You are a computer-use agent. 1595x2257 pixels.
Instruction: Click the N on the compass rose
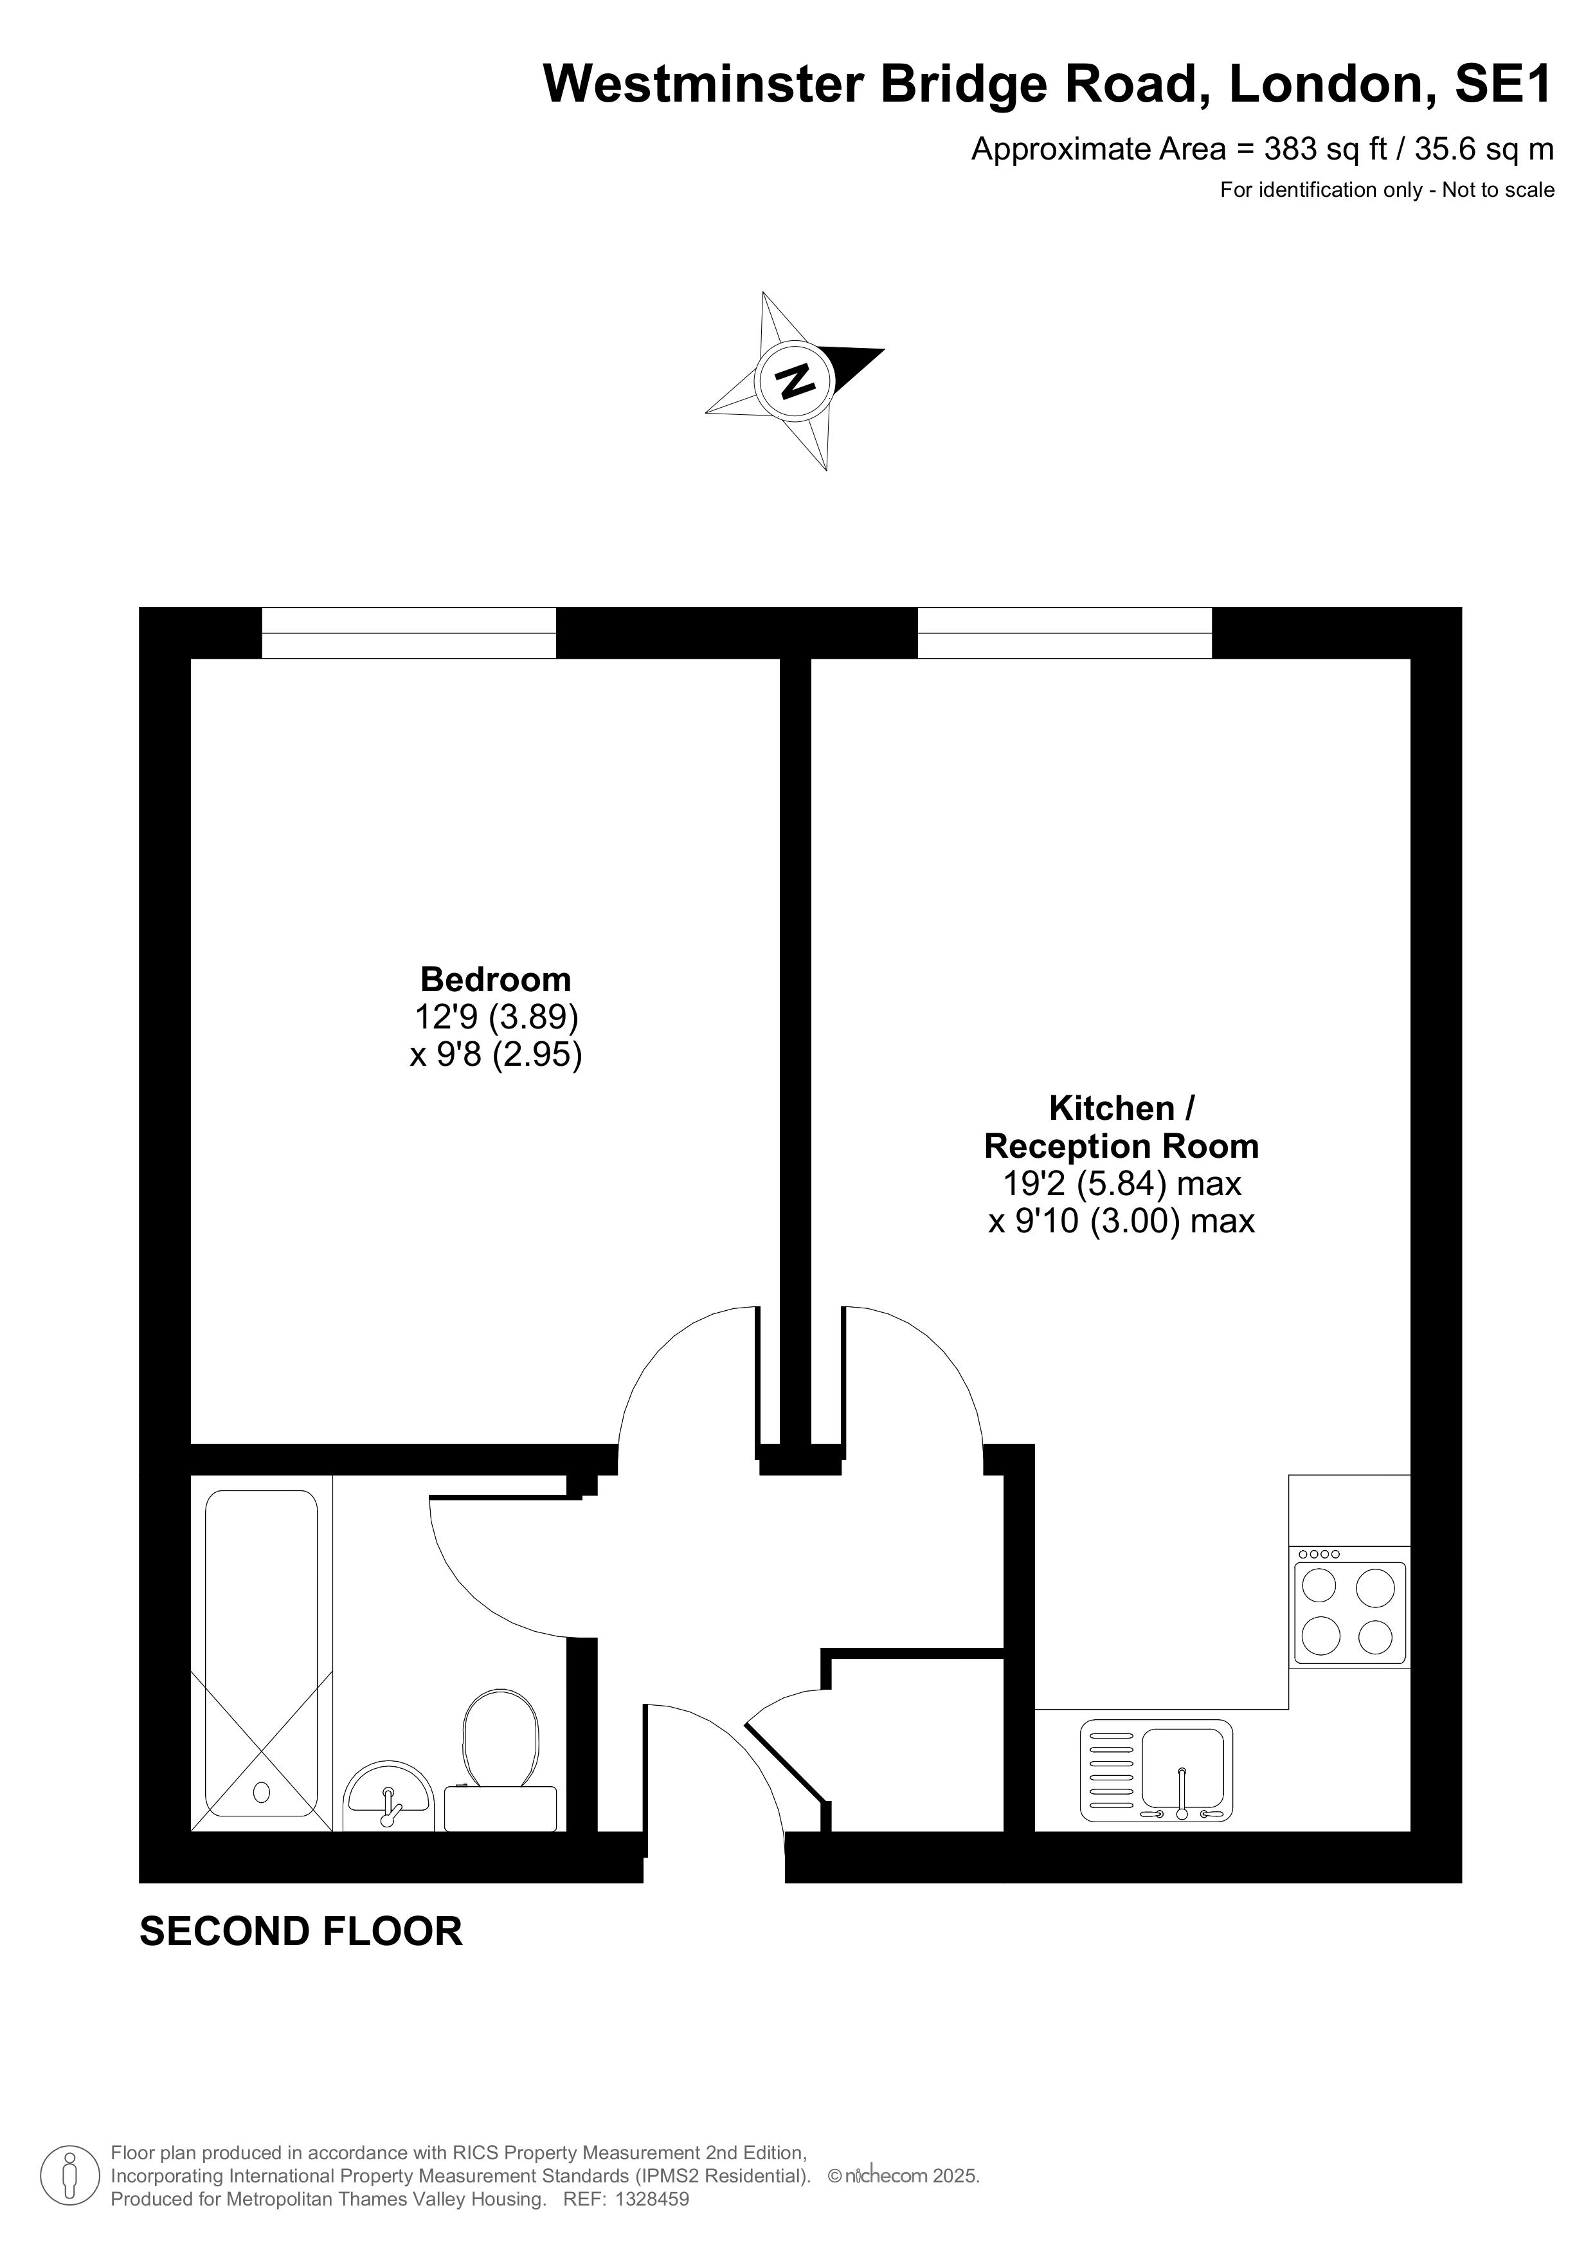tap(794, 379)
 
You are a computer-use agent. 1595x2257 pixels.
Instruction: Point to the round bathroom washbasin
tap(389, 1798)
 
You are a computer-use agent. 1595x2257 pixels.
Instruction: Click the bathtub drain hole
tap(262, 1792)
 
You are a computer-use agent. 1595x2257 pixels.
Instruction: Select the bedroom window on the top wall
tap(409, 633)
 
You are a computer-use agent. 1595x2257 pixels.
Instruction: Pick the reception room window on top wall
tap(1065, 633)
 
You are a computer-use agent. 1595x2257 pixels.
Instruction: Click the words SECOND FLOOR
tap(301, 1932)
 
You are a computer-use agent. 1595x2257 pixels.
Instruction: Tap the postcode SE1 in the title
tap(1504, 84)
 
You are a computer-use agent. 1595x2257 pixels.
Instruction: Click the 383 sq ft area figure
tap(1326, 149)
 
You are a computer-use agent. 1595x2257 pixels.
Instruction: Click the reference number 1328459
tap(653, 2200)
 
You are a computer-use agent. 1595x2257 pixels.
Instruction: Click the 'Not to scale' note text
tap(1498, 190)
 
